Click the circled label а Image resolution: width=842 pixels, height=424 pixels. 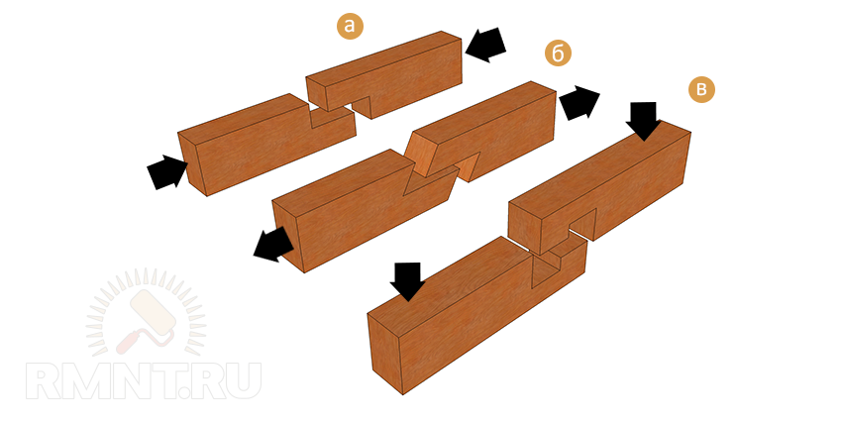(350, 25)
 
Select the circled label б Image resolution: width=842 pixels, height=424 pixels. (558, 53)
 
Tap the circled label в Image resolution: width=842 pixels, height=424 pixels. (701, 89)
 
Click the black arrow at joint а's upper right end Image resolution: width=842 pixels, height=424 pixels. (486, 45)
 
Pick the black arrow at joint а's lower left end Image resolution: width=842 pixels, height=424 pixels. (167, 171)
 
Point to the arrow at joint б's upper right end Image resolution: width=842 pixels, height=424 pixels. (579, 102)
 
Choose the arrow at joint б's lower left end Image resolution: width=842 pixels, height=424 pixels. (273, 245)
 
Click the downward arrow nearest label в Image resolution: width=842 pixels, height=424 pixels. (643, 121)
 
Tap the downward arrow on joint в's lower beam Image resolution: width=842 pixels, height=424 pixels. (407, 281)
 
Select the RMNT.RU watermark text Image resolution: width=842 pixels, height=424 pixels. (144, 381)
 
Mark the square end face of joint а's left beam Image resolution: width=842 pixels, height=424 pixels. (192, 163)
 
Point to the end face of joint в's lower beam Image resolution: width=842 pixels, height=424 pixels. (385, 355)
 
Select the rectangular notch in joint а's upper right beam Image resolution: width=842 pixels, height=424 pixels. (360, 106)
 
